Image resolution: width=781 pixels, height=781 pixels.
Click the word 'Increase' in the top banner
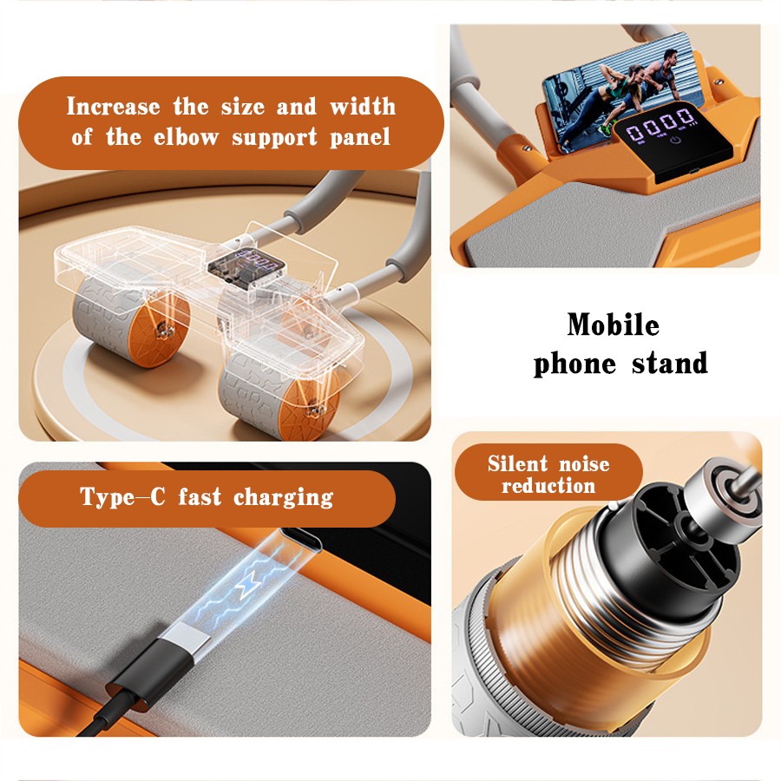point(113,107)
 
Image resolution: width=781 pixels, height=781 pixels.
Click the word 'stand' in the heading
point(670,363)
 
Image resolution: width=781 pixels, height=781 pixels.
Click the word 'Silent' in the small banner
point(517,463)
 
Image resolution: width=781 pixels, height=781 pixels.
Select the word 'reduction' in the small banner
point(548,486)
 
